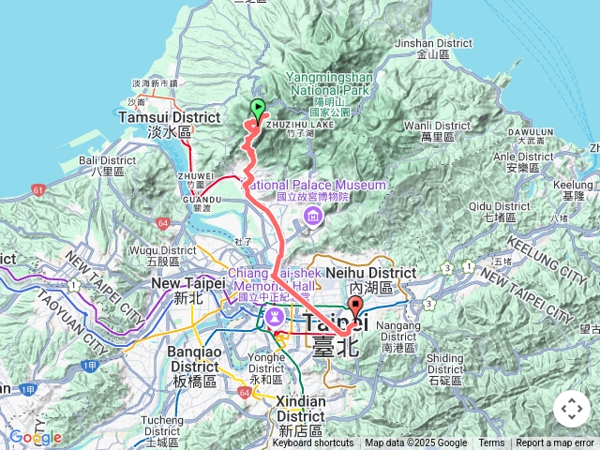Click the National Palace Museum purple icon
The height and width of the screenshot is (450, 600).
tap(311, 218)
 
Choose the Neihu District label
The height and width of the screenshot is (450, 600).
tap(381, 273)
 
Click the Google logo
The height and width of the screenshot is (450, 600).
tap(36, 437)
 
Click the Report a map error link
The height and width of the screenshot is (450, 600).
tap(555, 443)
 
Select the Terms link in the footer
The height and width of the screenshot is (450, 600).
tap(491, 443)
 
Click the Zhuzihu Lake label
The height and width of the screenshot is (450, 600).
tap(306, 123)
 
